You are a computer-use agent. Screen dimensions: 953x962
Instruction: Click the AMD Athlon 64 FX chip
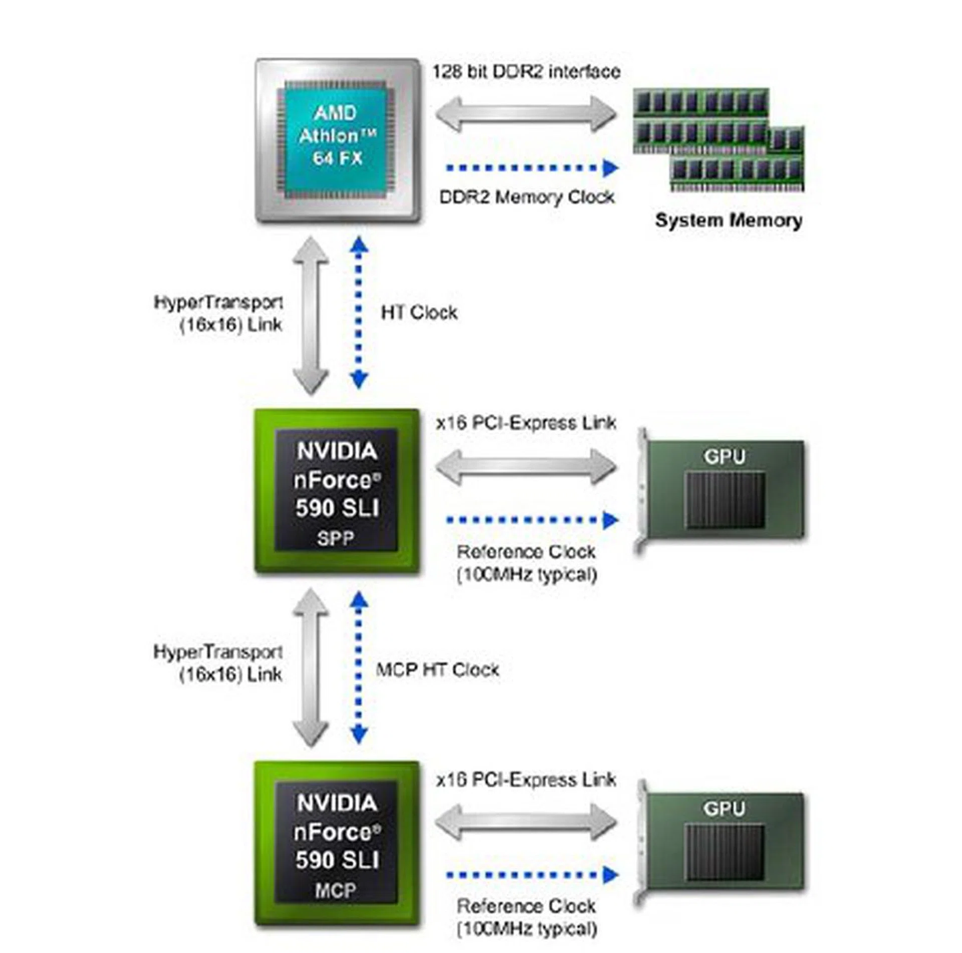[x=337, y=140]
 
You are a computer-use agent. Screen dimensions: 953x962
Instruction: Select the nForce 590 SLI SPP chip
[x=337, y=492]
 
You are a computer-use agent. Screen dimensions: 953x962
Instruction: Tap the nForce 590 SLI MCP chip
[x=337, y=843]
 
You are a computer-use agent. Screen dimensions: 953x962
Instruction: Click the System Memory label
[x=728, y=220]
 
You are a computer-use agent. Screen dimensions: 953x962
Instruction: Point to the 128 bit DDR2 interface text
[x=526, y=72]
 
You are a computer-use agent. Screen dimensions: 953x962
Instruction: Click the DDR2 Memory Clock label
[x=527, y=197]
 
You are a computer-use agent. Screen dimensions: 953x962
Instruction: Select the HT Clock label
[x=419, y=313]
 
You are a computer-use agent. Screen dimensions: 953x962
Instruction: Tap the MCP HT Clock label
[x=437, y=670]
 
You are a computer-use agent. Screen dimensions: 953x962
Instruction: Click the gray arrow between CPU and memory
[x=526, y=114]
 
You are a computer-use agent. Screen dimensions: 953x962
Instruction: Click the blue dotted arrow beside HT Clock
[x=358, y=313]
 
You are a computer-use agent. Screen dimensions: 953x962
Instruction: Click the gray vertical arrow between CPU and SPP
[x=311, y=316]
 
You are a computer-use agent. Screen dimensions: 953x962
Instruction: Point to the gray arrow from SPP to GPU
[x=526, y=466]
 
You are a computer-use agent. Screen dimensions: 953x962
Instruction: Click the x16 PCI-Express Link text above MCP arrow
[x=526, y=780]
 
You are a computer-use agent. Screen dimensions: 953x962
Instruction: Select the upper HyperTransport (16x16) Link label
[x=218, y=314]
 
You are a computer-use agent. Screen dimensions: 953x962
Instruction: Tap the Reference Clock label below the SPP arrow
[x=527, y=563]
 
